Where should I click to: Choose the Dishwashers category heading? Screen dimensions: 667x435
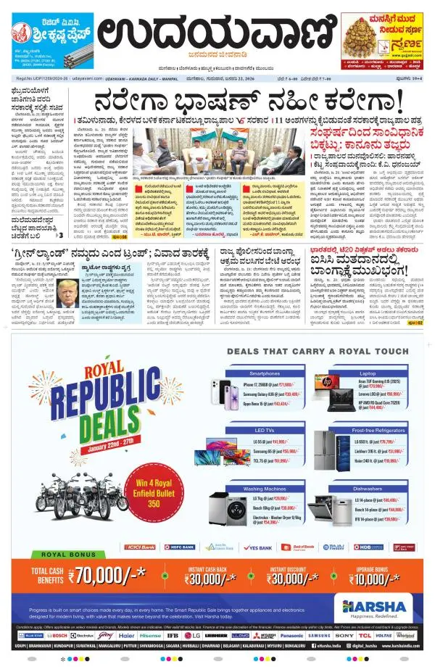pyautogui.click(x=368, y=489)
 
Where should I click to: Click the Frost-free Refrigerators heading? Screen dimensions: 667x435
pyautogui.click(x=368, y=431)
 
